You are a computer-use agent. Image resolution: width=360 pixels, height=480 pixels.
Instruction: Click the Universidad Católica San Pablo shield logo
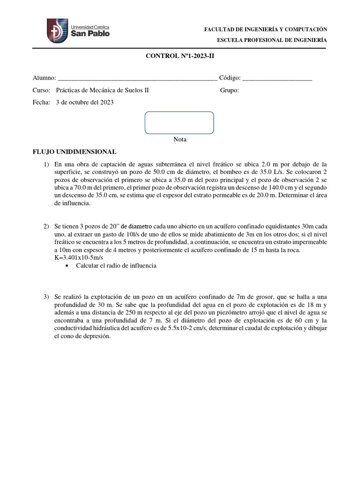point(57,31)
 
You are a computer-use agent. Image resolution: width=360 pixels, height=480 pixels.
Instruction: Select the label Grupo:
point(229,90)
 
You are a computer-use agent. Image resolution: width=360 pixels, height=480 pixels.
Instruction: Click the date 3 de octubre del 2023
point(84,102)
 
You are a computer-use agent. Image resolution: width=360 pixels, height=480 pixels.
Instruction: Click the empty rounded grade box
point(180,122)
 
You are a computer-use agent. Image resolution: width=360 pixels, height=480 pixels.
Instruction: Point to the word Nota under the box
point(180,139)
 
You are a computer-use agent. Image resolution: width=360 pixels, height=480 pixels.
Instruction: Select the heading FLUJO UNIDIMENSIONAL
point(74,152)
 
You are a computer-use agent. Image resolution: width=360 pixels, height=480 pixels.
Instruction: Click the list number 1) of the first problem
point(46,164)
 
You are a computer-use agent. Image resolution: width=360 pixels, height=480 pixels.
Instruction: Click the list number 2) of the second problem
point(46,226)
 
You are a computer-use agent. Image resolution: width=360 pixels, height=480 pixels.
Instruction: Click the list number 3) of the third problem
point(46,297)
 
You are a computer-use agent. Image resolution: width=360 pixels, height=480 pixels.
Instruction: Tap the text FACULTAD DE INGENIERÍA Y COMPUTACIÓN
point(265,30)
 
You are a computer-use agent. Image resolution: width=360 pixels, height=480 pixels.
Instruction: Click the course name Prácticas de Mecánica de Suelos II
point(102,90)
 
